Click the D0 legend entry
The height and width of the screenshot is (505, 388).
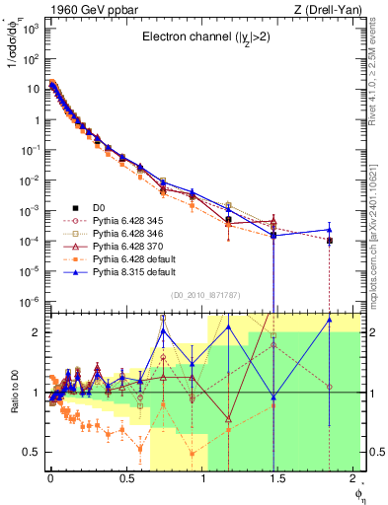click(99, 206)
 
